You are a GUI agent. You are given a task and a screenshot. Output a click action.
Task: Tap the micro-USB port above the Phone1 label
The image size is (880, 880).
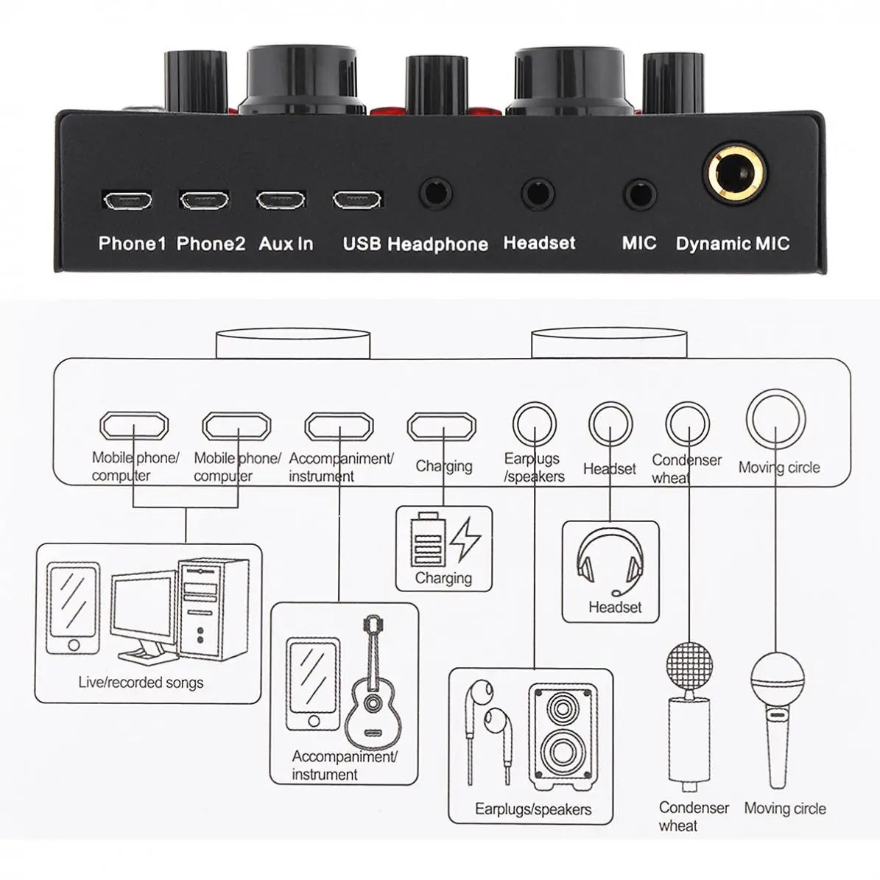tap(127, 200)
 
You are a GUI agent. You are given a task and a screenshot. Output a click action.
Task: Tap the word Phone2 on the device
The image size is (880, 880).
tap(211, 244)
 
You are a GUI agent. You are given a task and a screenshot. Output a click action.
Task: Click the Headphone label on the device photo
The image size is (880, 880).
tap(437, 244)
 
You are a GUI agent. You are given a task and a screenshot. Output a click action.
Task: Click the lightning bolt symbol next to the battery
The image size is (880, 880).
tap(465, 540)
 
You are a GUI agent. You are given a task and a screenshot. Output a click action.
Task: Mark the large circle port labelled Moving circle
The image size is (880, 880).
tap(775, 418)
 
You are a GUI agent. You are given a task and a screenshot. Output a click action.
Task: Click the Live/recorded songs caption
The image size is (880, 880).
tap(141, 683)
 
